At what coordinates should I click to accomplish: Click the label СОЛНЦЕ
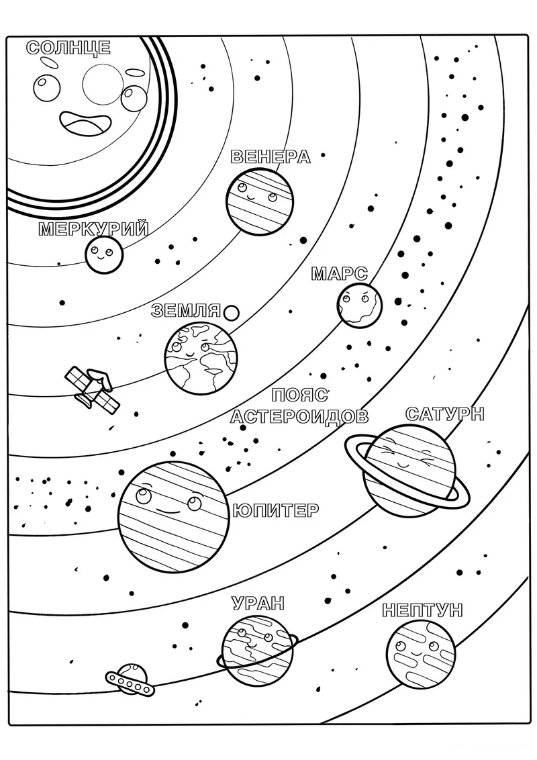(x=68, y=48)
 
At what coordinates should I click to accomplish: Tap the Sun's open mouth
(x=83, y=123)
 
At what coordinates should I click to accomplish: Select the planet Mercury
(x=104, y=254)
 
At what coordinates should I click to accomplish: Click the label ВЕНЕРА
(x=270, y=156)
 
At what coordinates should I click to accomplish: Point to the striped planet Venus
(x=260, y=202)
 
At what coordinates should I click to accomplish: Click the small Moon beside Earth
(x=232, y=313)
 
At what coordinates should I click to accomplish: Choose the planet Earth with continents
(x=201, y=357)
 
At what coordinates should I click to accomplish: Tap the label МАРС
(x=339, y=274)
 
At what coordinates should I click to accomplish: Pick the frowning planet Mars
(x=359, y=305)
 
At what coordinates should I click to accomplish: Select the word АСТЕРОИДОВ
(x=299, y=416)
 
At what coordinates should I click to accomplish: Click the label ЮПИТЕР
(x=276, y=510)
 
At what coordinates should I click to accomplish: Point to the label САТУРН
(x=444, y=414)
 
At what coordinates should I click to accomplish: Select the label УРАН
(x=257, y=604)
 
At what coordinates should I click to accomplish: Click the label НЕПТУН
(x=422, y=610)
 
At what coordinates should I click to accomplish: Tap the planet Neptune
(x=421, y=654)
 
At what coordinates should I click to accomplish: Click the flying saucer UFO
(x=129, y=679)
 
